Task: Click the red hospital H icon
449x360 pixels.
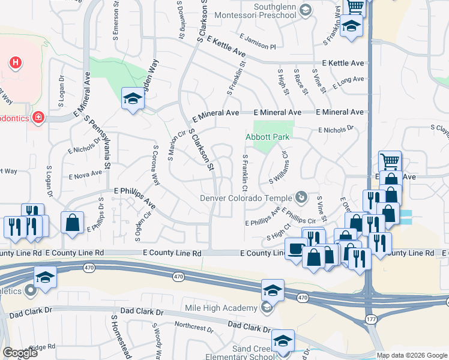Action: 16,62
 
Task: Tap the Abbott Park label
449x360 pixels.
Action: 268,137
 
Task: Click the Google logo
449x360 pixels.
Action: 20,353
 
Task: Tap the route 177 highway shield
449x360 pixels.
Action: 372,319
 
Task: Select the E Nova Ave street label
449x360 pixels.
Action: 86,176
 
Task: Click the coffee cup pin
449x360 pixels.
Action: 296,249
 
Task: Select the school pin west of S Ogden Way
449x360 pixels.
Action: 133,99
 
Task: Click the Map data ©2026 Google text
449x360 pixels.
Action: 412,355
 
